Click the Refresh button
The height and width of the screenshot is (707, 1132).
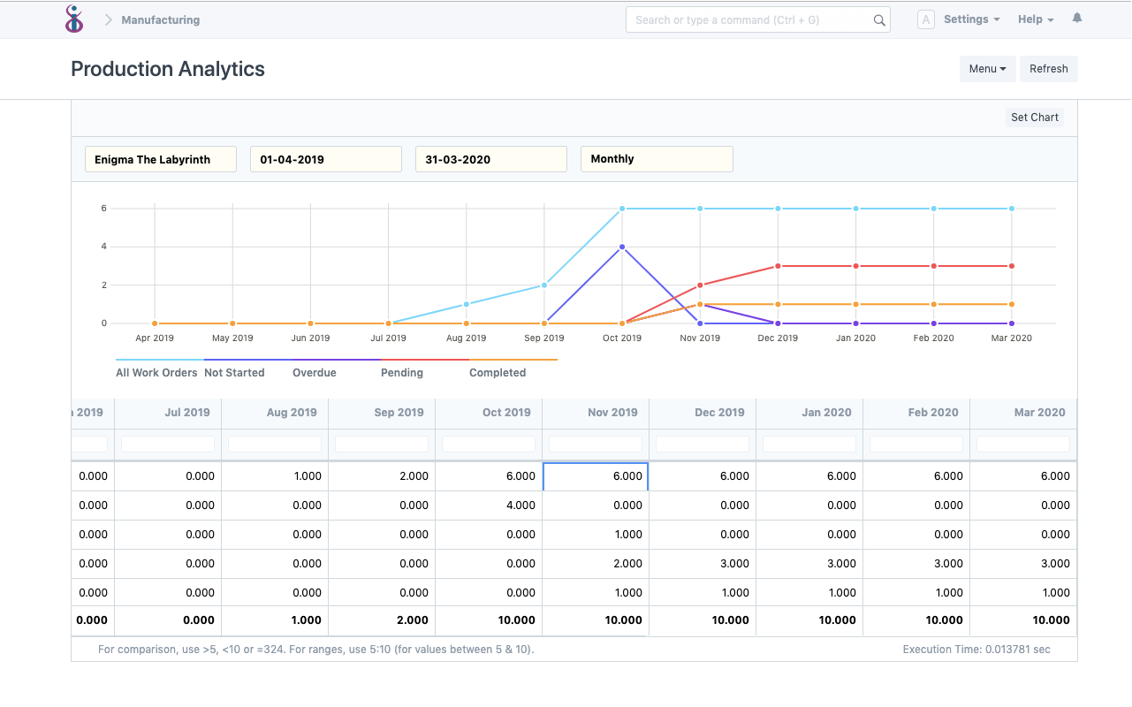click(x=1048, y=69)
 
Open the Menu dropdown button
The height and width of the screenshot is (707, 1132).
click(x=987, y=69)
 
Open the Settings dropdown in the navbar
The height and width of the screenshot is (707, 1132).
click(x=971, y=19)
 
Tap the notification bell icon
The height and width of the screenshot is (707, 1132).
click(x=1076, y=19)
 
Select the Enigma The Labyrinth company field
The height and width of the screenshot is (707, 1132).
click(x=160, y=159)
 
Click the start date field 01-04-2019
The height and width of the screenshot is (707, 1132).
click(x=325, y=159)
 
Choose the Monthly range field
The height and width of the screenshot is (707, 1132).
click(x=656, y=159)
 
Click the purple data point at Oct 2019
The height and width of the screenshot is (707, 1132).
click(x=622, y=247)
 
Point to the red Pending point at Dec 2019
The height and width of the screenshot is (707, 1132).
click(x=778, y=266)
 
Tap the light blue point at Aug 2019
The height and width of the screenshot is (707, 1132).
click(x=466, y=304)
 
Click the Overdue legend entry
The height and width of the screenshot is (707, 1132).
click(x=315, y=373)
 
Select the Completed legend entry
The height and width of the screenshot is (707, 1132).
click(x=498, y=373)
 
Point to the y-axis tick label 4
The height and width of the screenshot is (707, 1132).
click(x=103, y=247)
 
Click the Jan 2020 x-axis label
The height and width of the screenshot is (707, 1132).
click(x=855, y=338)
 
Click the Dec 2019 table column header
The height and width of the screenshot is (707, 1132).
click(x=719, y=413)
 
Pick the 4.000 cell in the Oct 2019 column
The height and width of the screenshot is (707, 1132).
click(x=489, y=506)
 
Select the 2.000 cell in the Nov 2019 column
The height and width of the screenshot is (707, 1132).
click(x=596, y=564)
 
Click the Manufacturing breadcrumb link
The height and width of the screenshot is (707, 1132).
click(x=160, y=19)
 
